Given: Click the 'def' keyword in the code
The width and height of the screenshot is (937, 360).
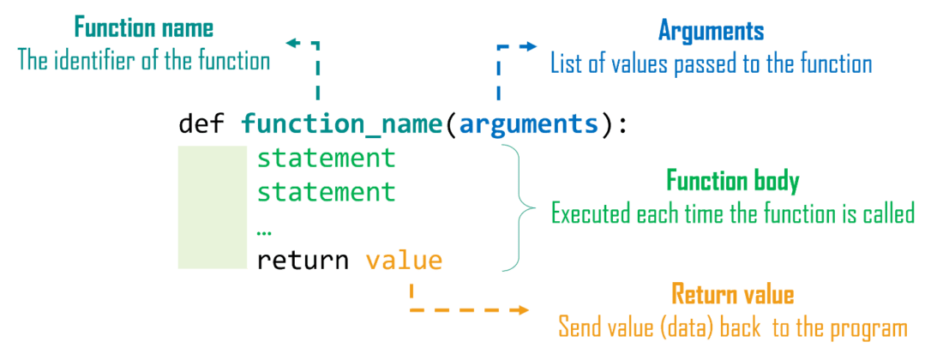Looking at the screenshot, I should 201,124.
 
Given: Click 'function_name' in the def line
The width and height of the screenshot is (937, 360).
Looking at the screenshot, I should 340,125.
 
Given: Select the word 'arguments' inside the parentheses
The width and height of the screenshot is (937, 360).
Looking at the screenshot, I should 529,124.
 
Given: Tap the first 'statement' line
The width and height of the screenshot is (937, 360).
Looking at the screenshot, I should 326,159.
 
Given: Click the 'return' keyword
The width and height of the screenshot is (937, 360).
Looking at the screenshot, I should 303,260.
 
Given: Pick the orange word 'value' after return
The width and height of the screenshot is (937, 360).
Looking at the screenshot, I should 404,260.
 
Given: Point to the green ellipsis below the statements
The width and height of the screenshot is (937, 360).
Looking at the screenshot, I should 264,231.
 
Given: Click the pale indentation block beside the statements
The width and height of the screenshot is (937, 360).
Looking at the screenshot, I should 212,207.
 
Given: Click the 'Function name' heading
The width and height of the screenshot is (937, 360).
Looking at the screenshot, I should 143,28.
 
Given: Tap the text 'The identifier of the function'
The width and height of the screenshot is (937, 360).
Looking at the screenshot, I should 144,62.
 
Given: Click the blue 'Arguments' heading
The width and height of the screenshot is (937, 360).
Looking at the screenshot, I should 711,32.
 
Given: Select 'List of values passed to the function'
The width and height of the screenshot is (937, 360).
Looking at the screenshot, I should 711,63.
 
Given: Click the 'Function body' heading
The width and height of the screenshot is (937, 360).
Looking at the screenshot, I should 732,182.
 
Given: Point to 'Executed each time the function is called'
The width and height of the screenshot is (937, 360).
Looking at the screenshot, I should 732,213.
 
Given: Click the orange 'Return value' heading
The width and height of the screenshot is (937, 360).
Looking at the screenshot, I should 732,296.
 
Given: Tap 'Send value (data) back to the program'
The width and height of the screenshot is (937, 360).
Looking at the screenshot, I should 732,327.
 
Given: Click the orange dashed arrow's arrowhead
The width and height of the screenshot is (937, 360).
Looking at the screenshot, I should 522,309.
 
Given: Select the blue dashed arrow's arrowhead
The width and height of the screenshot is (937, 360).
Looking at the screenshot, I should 531,46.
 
